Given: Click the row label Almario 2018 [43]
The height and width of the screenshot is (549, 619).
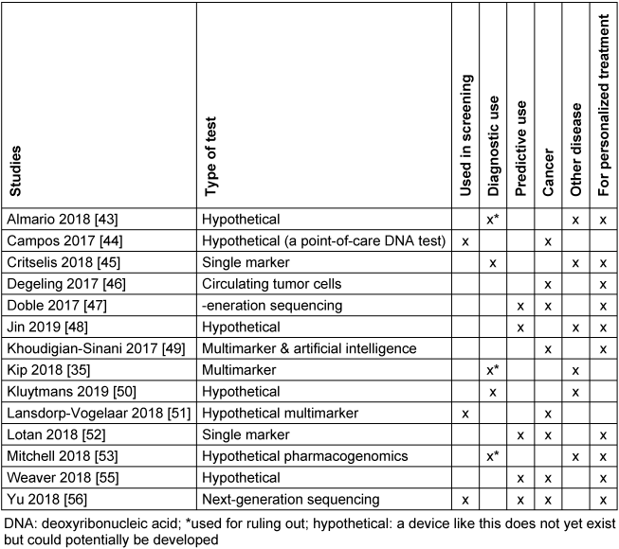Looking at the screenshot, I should point(58,219).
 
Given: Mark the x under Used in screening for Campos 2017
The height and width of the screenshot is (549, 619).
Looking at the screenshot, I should point(464,240).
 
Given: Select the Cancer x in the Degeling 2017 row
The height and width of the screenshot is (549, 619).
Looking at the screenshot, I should point(547,283).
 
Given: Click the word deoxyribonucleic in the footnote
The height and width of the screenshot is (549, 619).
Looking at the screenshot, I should point(92,522).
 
